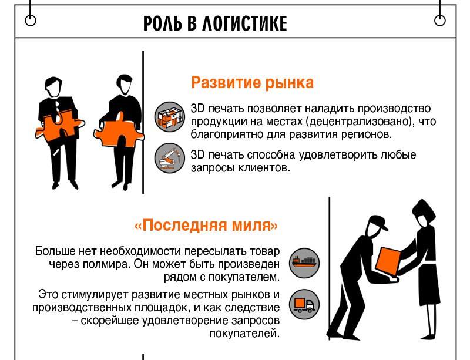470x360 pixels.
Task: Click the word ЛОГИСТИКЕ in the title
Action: (x=244, y=23)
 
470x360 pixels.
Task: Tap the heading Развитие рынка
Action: (x=253, y=82)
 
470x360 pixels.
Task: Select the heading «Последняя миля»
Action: (x=207, y=225)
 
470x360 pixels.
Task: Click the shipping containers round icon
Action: (x=170, y=117)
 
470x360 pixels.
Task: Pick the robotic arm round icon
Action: (x=170, y=158)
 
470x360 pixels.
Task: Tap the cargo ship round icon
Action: (x=304, y=263)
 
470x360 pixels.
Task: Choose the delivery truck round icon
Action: (x=304, y=304)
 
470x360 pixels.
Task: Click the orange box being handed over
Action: (x=388, y=261)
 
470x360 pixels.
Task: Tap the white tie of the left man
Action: (x=57, y=107)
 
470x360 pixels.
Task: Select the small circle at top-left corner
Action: (x=31, y=21)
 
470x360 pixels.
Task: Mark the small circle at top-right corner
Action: (x=439, y=21)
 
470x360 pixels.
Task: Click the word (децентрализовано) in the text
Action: (x=360, y=122)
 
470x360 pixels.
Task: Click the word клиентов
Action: (x=264, y=168)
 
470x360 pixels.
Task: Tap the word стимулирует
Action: (x=95, y=295)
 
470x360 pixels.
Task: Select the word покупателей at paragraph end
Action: (x=244, y=334)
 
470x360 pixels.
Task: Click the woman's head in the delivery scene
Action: (x=424, y=212)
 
